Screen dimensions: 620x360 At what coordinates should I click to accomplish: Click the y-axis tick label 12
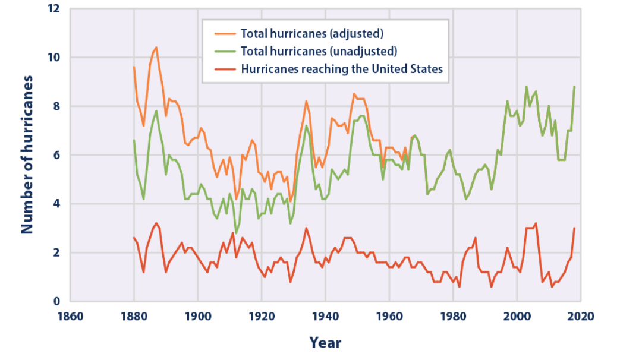[x=53, y=8]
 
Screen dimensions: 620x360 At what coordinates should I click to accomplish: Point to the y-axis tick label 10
[x=53, y=57]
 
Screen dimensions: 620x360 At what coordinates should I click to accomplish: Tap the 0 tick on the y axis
[x=56, y=301]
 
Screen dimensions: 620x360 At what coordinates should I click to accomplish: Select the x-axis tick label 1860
[x=70, y=317]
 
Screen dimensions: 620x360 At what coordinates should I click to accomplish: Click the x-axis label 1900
[x=198, y=317]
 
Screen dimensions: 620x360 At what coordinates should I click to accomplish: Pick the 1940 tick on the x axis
[x=325, y=317]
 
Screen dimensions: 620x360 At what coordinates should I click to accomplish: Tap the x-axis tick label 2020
[x=581, y=317]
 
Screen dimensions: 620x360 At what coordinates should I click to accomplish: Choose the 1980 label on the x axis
[x=453, y=317]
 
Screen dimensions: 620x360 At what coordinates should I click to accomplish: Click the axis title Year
[x=325, y=343]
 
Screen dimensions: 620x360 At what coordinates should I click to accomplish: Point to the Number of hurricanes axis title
[x=27, y=155]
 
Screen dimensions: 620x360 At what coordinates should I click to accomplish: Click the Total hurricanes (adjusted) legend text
[x=312, y=34]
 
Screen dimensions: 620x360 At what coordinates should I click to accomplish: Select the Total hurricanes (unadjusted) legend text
[x=319, y=51]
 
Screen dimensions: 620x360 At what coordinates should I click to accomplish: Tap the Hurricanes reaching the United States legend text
[x=342, y=69]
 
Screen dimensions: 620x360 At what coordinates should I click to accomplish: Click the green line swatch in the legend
[x=225, y=51]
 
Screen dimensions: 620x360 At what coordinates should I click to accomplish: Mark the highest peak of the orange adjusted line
[x=156, y=48]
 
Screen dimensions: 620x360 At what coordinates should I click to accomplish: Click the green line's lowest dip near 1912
[x=236, y=233]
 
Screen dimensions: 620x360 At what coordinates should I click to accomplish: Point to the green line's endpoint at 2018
[x=574, y=87]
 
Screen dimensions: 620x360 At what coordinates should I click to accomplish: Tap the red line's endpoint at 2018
[x=574, y=228]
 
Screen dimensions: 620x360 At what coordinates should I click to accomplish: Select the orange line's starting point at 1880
[x=134, y=67]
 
